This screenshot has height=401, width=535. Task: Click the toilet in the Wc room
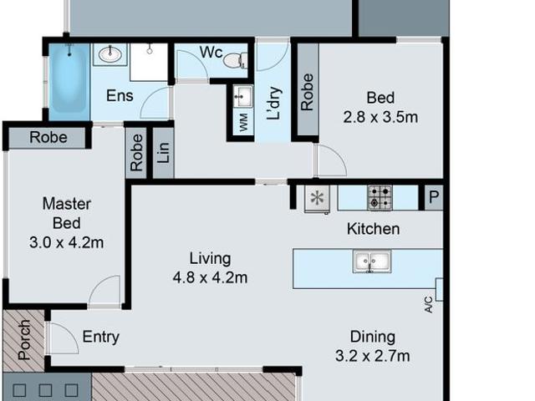(236, 60)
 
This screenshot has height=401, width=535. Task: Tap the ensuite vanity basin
(110, 54)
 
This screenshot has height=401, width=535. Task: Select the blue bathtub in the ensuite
(69, 82)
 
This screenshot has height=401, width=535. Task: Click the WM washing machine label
(243, 123)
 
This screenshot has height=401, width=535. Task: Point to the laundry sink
(243, 96)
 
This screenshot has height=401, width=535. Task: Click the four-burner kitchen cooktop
(380, 197)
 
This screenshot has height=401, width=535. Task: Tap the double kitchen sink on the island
(372, 261)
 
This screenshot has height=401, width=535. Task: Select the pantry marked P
(434, 197)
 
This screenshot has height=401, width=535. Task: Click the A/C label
(429, 304)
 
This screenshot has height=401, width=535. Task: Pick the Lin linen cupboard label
(163, 152)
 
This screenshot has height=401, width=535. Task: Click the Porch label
(24, 340)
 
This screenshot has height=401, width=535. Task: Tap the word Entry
(101, 337)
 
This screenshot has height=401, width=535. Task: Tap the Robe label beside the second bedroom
(307, 92)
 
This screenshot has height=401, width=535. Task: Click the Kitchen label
(374, 229)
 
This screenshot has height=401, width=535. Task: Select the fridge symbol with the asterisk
(317, 199)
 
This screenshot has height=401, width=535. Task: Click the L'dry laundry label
(273, 104)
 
